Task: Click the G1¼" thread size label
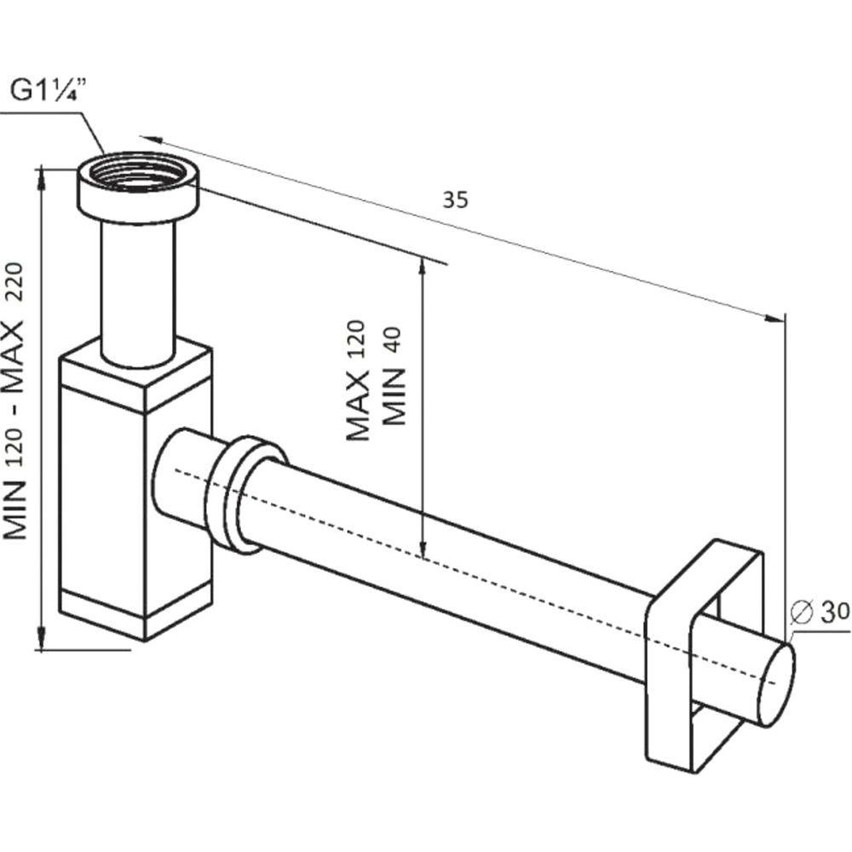click(x=49, y=89)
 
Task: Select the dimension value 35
click(x=455, y=200)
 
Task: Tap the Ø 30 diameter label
click(x=820, y=613)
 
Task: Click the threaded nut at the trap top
click(x=136, y=187)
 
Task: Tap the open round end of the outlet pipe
click(x=777, y=685)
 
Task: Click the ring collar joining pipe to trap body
click(x=245, y=494)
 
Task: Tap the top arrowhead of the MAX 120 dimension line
click(x=422, y=266)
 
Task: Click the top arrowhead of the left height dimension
click(x=42, y=179)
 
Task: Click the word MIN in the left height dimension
click(x=15, y=510)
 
